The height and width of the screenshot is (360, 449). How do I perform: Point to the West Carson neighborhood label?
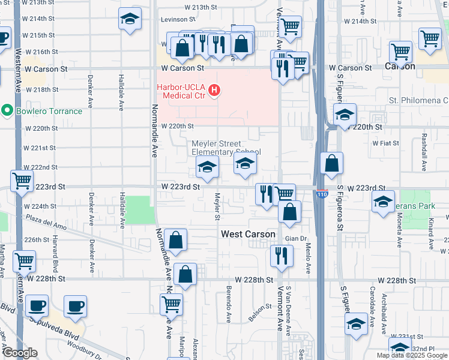(x=248, y=234)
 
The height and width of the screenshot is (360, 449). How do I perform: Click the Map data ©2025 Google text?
(x=412, y=355)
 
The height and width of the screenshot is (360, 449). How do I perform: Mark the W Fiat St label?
(x=386, y=143)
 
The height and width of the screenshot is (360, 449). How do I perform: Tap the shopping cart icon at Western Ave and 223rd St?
(x=22, y=180)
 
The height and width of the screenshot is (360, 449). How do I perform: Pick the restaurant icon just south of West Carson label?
(x=282, y=255)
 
